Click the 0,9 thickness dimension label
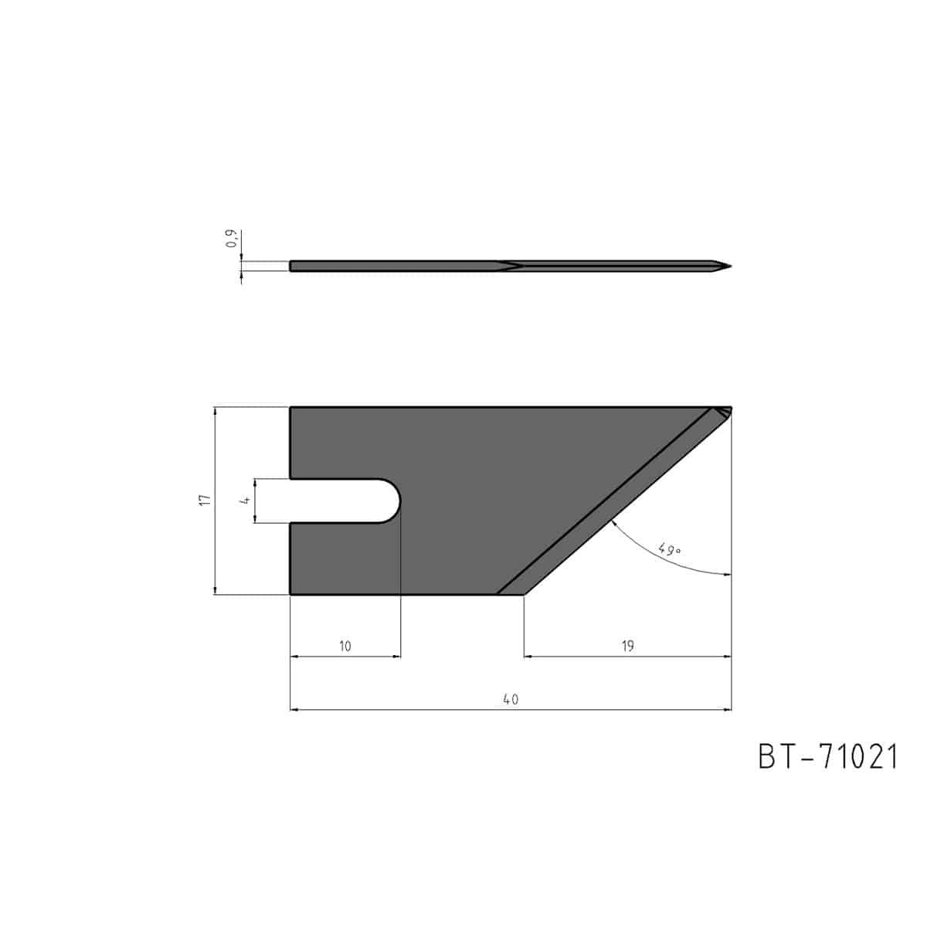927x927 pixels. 232,239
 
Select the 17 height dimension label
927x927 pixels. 205,499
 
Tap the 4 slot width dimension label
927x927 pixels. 246,501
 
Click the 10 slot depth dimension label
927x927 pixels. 345,646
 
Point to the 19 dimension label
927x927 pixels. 627,646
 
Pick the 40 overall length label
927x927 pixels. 511,699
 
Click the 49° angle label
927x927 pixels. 669,549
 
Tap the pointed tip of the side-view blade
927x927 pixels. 731,266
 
